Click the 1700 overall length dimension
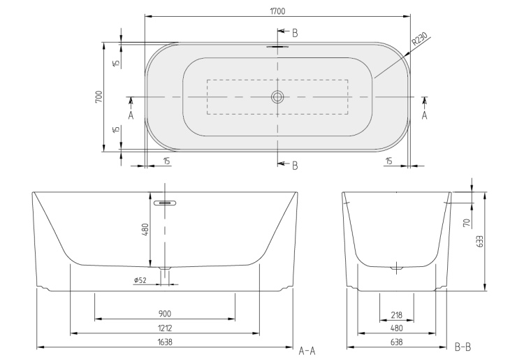(277, 11)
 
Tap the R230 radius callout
(419, 38)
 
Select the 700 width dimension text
(99, 96)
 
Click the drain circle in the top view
(277, 97)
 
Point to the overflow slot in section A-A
(165, 203)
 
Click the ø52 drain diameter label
(140, 280)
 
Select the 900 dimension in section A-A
(164, 314)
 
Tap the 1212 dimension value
(165, 328)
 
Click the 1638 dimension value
(165, 342)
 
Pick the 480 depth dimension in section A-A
(145, 229)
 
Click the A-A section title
(307, 351)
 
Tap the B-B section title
(463, 347)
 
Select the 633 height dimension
(480, 241)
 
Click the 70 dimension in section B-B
(467, 223)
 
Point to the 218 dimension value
(396, 315)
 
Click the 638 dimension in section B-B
(396, 342)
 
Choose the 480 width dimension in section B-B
(396, 328)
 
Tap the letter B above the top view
(295, 33)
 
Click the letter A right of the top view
(424, 115)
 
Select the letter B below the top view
(295, 166)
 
